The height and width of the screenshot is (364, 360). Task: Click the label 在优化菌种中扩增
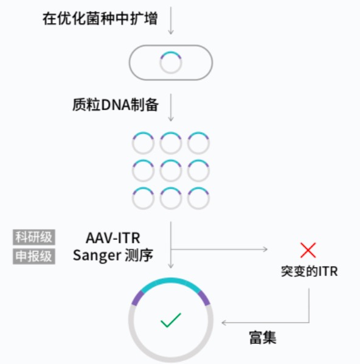click(x=100, y=19)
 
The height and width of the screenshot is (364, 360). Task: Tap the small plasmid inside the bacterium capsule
click(x=171, y=52)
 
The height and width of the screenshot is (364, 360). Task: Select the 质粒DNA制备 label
click(x=116, y=105)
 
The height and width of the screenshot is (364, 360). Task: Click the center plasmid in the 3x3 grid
click(x=171, y=161)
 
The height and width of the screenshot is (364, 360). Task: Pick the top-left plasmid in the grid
click(x=143, y=133)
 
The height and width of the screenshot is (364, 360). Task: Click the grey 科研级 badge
click(x=34, y=237)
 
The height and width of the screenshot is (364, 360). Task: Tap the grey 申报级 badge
click(x=34, y=256)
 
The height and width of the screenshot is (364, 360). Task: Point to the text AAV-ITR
click(x=113, y=238)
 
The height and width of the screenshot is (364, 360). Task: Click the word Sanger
click(x=96, y=256)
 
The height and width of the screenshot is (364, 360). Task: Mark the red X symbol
click(x=308, y=250)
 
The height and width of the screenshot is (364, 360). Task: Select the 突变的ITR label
click(x=310, y=271)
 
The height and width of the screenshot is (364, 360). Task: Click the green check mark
click(x=171, y=320)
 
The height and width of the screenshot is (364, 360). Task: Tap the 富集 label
click(x=263, y=338)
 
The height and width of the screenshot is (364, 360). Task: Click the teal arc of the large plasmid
click(x=171, y=281)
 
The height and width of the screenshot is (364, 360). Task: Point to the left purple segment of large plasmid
click(x=137, y=298)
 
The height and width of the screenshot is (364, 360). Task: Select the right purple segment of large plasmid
click(x=204, y=298)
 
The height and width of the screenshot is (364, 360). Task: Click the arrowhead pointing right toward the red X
click(x=265, y=250)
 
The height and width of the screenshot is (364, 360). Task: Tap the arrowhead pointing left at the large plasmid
click(x=224, y=323)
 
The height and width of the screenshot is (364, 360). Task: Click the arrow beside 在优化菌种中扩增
click(x=171, y=21)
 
